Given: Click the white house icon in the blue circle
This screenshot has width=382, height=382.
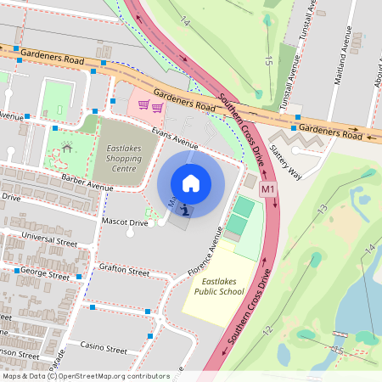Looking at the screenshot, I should [191, 183].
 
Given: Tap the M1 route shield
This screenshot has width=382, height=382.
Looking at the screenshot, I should [268, 188].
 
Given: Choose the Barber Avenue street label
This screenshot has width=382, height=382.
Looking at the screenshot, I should [87, 183].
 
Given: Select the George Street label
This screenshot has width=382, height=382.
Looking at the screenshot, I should [44, 274].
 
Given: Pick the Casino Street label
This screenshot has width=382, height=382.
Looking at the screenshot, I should [103, 349].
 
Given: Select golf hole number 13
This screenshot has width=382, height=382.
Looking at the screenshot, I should [322, 209].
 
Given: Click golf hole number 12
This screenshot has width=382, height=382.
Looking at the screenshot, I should [267, 330].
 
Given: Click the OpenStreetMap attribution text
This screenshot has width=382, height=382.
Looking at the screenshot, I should [86, 375].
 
